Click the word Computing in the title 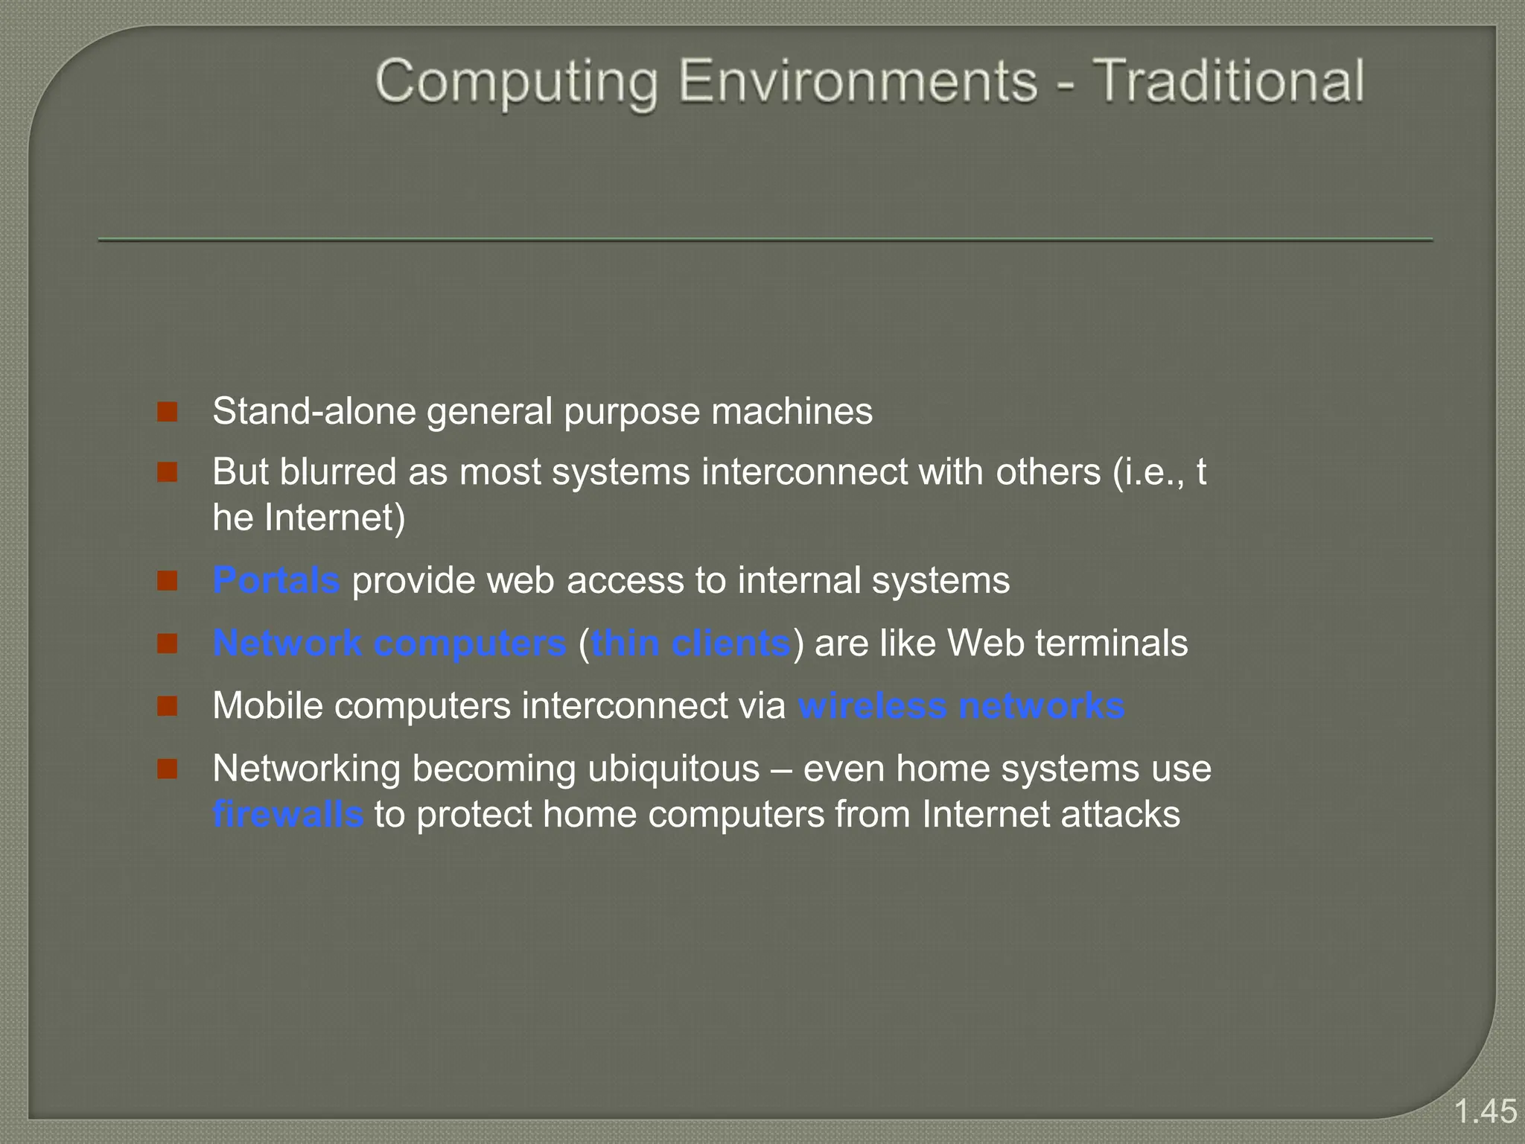[x=517, y=82]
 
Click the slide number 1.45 [x=1485, y=1111]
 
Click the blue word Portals [x=276, y=580]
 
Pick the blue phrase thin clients [x=690, y=643]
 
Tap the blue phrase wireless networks [x=961, y=705]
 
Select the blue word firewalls [x=288, y=814]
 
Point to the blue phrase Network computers [x=389, y=643]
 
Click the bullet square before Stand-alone [x=168, y=412]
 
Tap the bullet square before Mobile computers [x=168, y=706]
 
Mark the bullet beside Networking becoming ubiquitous [x=168, y=769]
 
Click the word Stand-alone [x=314, y=411]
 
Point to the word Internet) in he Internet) [x=335, y=518]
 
